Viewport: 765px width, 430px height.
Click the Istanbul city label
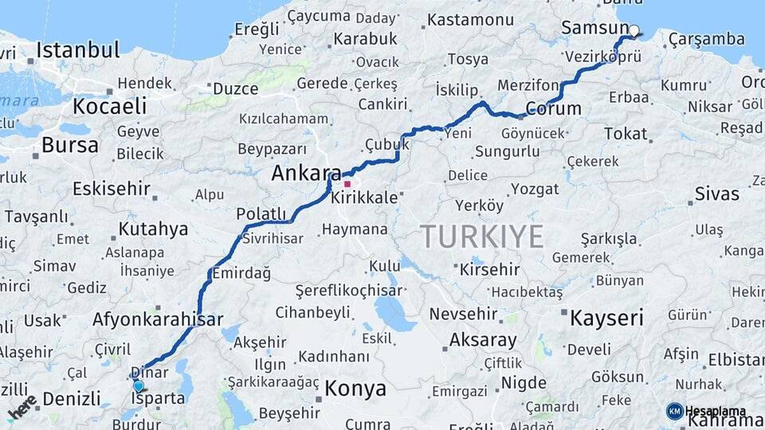click(x=77, y=50)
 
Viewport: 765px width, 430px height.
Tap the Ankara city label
click(x=306, y=173)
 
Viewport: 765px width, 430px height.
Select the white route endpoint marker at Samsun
click(x=634, y=31)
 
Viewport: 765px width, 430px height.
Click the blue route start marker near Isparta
click(x=139, y=386)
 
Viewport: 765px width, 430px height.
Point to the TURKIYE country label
click(x=482, y=236)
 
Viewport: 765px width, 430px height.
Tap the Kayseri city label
click(x=606, y=319)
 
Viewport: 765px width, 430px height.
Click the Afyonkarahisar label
click(x=158, y=320)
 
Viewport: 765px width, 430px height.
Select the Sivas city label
click(x=717, y=193)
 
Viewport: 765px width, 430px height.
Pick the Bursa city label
click(x=70, y=145)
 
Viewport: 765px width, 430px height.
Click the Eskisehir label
click(x=112, y=189)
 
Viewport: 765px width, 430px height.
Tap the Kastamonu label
click(x=470, y=20)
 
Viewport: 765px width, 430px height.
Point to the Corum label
click(x=554, y=108)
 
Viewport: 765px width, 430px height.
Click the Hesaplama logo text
click(x=715, y=411)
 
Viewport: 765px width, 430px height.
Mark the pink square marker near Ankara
click(x=347, y=184)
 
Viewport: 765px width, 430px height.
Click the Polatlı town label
click(x=261, y=213)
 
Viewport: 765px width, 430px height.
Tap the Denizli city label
click(x=72, y=397)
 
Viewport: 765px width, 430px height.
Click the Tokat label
click(x=626, y=134)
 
